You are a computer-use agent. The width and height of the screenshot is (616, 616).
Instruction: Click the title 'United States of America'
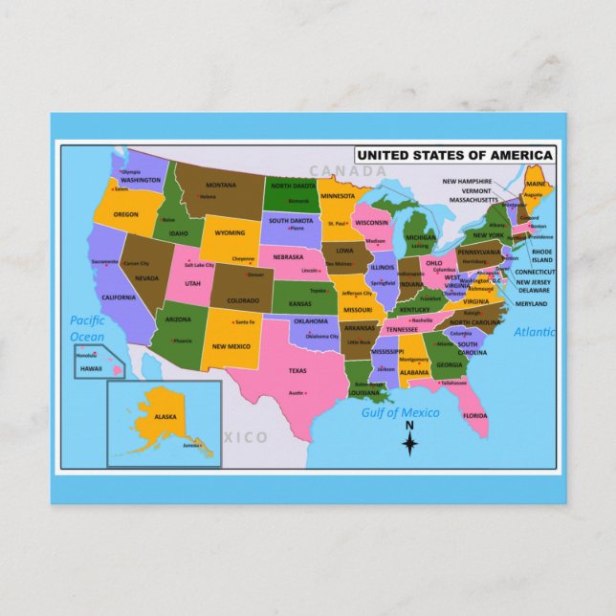click(x=454, y=155)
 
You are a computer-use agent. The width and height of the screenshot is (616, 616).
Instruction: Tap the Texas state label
click(x=297, y=370)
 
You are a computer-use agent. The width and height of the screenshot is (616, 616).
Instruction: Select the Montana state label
click(x=221, y=186)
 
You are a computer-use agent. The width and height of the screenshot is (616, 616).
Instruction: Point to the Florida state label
click(x=475, y=415)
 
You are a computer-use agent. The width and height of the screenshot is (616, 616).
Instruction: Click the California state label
click(x=119, y=297)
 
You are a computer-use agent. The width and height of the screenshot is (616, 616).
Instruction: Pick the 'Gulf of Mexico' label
click(x=400, y=412)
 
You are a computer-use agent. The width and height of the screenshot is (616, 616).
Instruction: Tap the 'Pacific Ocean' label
click(x=87, y=328)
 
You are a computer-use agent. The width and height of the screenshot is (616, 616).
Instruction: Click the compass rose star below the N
click(x=409, y=443)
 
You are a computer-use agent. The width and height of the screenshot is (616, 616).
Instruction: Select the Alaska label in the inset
click(x=165, y=416)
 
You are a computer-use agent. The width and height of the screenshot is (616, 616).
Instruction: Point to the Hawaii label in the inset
click(x=91, y=368)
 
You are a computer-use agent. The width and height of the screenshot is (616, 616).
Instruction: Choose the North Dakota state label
click(x=292, y=186)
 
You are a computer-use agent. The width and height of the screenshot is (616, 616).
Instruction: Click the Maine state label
click(x=536, y=183)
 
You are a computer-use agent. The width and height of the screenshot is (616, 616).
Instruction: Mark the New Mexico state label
click(x=231, y=346)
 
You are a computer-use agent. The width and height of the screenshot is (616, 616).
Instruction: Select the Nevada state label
click(x=146, y=278)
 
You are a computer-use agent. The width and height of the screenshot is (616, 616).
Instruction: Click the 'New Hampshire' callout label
click(x=467, y=181)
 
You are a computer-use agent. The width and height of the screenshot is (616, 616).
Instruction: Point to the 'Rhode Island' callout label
click(x=541, y=254)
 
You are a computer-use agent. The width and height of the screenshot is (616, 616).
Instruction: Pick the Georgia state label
click(x=448, y=364)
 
